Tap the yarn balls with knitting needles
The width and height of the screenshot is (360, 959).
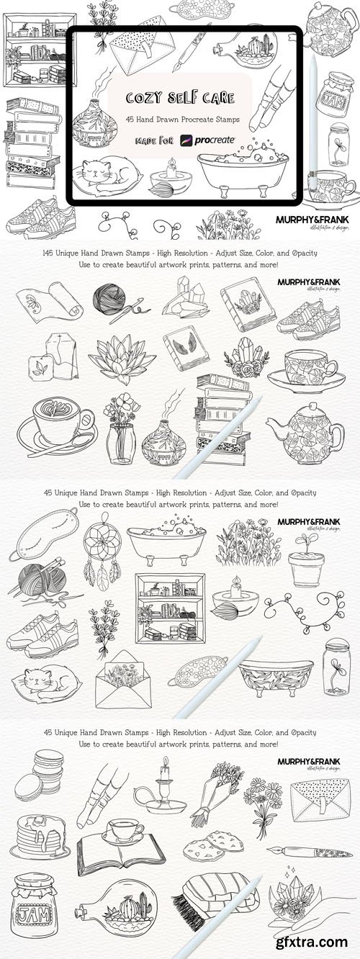pos(37,582)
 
